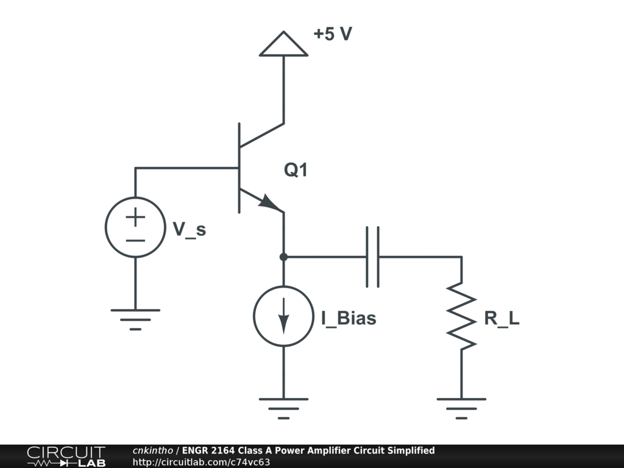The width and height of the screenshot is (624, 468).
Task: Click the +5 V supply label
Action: (333, 34)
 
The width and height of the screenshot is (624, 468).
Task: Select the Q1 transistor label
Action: (296, 171)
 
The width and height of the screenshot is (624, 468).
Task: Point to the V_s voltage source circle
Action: (135, 227)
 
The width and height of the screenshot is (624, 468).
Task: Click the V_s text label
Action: (190, 229)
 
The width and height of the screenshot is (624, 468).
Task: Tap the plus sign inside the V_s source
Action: (135, 216)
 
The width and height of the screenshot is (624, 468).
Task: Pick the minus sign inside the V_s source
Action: (135, 239)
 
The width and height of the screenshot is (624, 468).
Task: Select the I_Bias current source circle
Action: (283, 316)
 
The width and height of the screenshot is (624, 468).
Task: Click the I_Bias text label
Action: (349, 318)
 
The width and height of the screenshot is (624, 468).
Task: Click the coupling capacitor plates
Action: (372, 257)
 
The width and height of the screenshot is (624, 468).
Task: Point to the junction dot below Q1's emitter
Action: (283, 257)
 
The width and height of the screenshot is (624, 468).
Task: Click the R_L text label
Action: (502, 318)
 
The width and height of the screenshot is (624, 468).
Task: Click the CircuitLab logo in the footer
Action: (66, 456)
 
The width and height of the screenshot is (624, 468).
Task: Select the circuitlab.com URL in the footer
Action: (201, 462)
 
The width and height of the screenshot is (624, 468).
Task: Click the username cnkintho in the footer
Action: (153, 451)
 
